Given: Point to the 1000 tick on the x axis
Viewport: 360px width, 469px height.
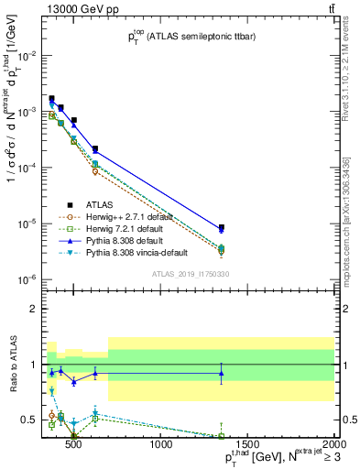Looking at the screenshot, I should pos(162,447).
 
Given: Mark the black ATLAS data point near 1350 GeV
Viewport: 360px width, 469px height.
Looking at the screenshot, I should pos(222,228).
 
